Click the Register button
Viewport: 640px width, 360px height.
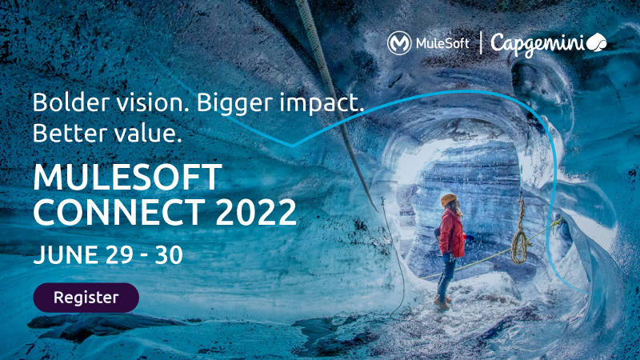tap(86, 298)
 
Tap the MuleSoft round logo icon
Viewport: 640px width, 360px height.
tap(399, 43)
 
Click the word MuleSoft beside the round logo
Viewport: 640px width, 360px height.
tap(442, 43)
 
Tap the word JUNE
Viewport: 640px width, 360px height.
tap(64, 254)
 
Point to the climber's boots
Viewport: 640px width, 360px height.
tap(442, 302)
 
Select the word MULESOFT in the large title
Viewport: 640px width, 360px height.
tap(127, 176)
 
